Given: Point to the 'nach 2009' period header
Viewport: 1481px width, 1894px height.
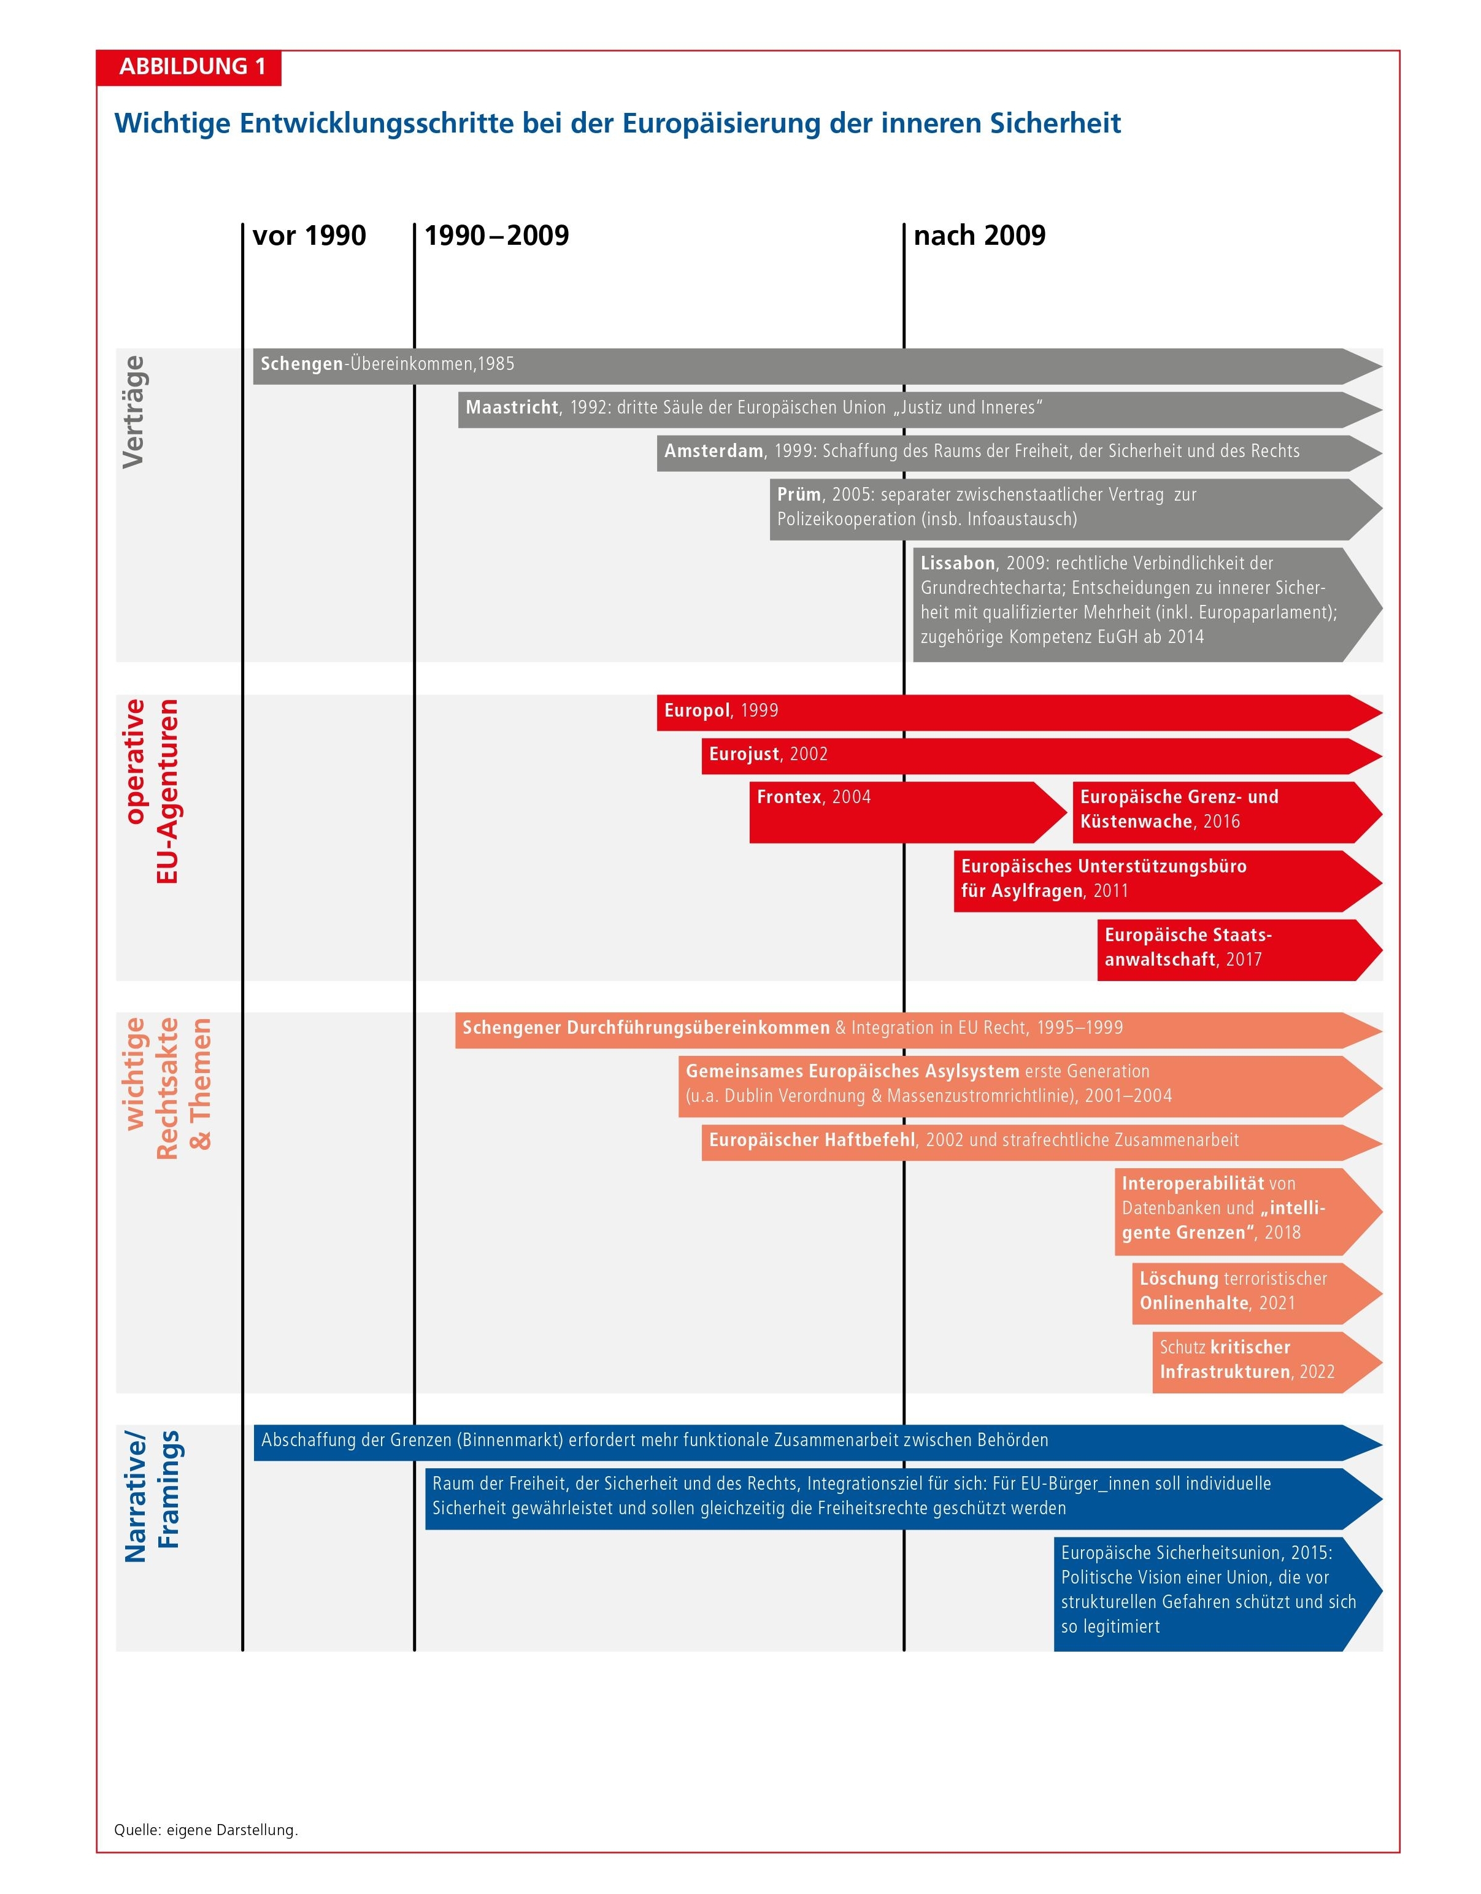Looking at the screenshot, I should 979,235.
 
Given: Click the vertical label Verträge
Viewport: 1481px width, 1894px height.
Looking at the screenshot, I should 134,412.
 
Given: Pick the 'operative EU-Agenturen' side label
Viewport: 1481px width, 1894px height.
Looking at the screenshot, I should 151,791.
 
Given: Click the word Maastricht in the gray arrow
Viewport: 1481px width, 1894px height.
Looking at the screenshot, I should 512,407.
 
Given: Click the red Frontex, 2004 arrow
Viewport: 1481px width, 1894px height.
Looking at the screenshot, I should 902,812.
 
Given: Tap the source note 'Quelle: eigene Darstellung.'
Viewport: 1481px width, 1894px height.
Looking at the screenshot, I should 206,1830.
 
